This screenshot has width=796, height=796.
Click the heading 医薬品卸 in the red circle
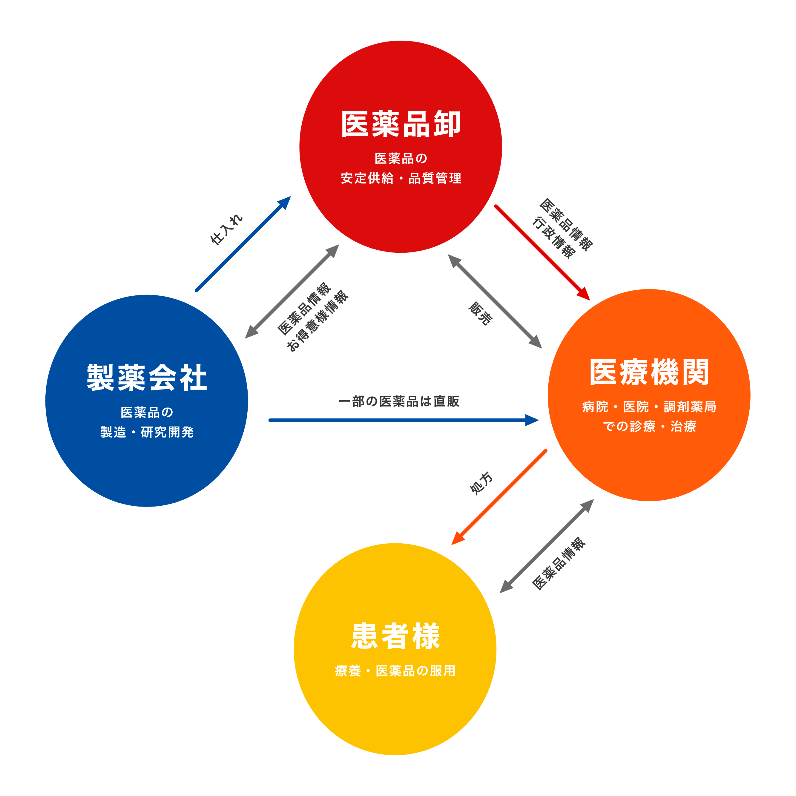tap(401, 124)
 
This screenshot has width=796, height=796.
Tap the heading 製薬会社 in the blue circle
tap(147, 378)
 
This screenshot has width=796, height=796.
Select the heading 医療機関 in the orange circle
tap(649, 372)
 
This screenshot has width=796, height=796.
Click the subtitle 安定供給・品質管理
tap(401, 178)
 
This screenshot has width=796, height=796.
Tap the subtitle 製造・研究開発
tap(147, 432)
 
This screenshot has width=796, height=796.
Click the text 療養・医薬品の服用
tap(395, 671)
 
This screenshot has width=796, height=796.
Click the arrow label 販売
tap(480, 314)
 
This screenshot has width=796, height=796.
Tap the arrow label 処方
tap(481, 483)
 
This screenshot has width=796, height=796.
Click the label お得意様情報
tap(317, 321)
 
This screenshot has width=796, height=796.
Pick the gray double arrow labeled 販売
tap(494, 301)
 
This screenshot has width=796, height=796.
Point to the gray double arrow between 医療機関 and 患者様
tap(547, 546)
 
